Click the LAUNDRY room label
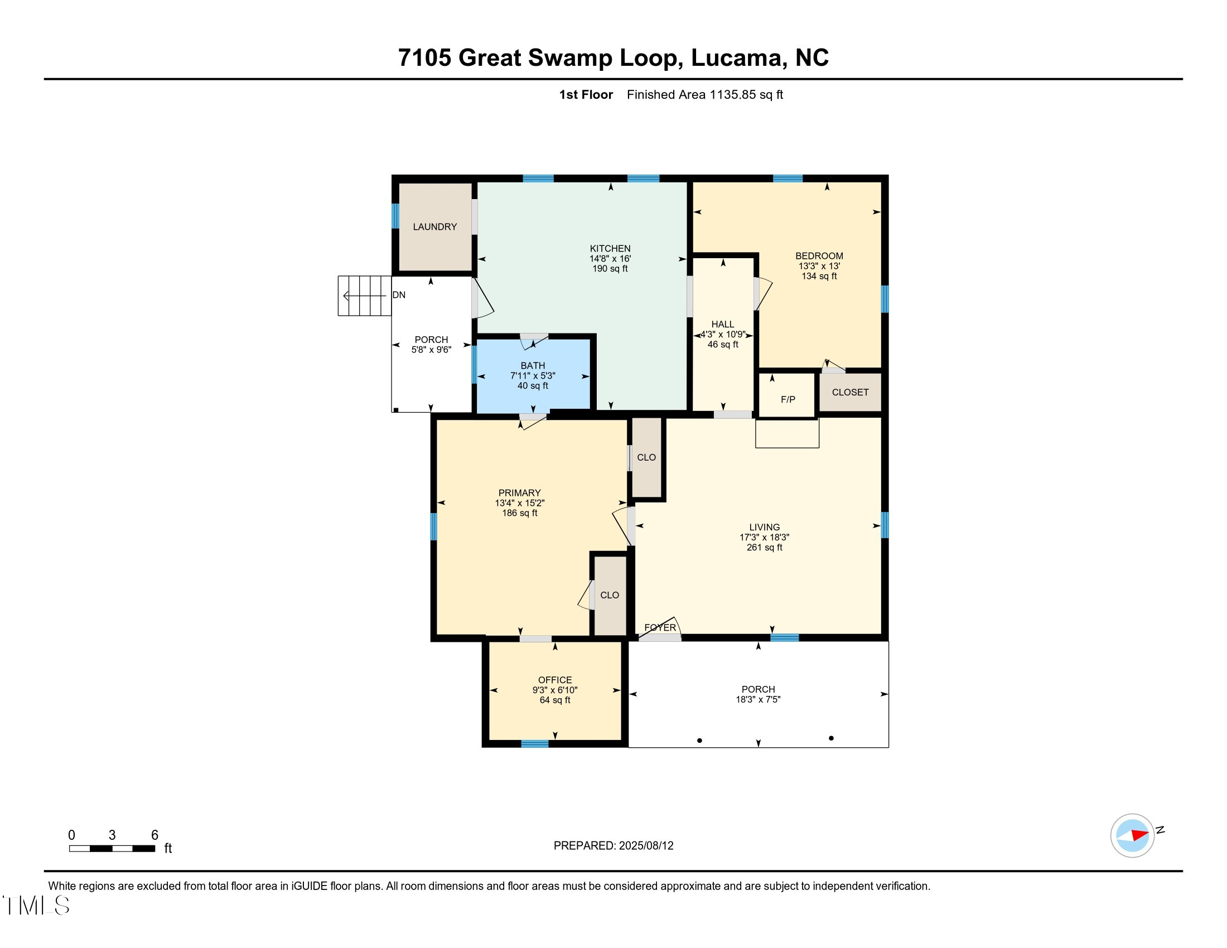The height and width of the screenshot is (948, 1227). (x=434, y=226)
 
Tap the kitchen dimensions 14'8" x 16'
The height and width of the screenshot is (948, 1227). (x=610, y=258)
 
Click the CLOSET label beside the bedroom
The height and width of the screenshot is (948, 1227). (x=849, y=392)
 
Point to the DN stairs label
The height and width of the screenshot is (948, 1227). (x=398, y=295)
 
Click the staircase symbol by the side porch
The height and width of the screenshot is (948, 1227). (x=364, y=296)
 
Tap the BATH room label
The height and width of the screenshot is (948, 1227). (x=532, y=365)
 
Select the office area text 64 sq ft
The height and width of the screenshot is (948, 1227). (x=554, y=700)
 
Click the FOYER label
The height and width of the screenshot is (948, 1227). (x=660, y=627)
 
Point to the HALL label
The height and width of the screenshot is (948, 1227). (x=722, y=324)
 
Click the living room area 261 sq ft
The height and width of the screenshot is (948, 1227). (x=764, y=547)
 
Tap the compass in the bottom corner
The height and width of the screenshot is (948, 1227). (x=1132, y=835)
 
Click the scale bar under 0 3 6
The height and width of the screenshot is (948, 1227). (x=112, y=848)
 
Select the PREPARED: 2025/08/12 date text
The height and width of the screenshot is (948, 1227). (x=613, y=845)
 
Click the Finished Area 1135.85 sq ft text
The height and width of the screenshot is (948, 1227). (x=704, y=94)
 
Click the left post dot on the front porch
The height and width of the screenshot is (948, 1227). (x=699, y=740)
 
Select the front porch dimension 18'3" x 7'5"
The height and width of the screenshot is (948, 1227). (x=757, y=699)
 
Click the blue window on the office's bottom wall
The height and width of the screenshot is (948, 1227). (x=534, y=743)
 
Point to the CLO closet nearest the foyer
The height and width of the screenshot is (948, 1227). (x=609, y=595)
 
